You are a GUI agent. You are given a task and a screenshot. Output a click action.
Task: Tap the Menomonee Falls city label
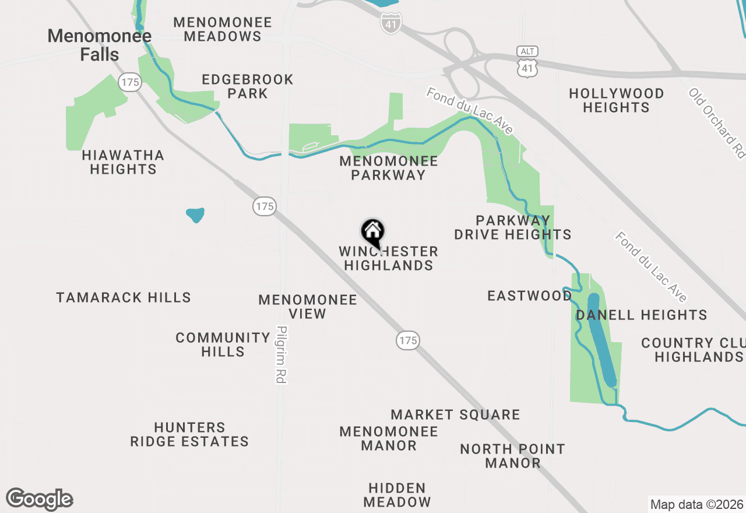pyautogui.click(x=99, y=45)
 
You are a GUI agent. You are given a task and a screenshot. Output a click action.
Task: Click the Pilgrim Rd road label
pyautogui.click(x=282, y=354)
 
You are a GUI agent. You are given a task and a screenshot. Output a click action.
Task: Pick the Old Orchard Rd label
pyautogui.click(x=716, y=122)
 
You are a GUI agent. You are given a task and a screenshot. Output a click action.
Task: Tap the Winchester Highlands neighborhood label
pyautogui.click(x=388, y=258)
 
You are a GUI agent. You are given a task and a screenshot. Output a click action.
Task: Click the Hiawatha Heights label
pyautogui.click(x=123, y=162)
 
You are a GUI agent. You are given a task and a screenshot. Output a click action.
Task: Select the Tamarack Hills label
pyautogui.click(x=124, y=297)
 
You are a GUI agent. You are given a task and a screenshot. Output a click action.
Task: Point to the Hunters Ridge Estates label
pyautogui.click(x=189, y=435)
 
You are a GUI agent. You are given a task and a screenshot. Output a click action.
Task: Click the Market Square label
pyautogui.click(x=455, y=414)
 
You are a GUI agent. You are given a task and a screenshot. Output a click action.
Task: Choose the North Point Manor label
pyautogui.click(x=512, y=456)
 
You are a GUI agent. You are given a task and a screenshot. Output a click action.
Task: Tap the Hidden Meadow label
pyautogui.click(x=397, y=494)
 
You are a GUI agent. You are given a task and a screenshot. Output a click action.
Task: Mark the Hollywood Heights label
pyautogui.click(x=616, y=100)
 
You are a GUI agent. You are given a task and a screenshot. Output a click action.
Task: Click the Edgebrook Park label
pyautogui.click(x=248, y=86)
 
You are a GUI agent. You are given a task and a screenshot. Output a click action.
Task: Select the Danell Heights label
pyautogui.click(x=641, y=315)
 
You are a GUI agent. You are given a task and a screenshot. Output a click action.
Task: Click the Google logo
pyautogui.click(x=39, y=500)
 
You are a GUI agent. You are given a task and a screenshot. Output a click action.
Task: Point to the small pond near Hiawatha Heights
pyautogui.click(x=195, y=215)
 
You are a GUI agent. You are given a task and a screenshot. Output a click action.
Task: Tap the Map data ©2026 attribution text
pyautogui.click(x=696, y=504)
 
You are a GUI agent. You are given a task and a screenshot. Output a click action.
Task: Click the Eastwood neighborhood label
pyautogui.click(x=530, y=296)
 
